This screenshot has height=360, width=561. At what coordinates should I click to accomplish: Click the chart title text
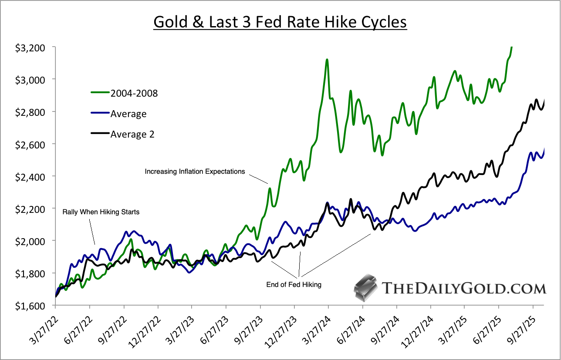(280, 22)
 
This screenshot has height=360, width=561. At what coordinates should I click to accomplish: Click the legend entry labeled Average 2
(132, 135)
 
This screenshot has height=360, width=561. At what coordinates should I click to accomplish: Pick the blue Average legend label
(128, 114)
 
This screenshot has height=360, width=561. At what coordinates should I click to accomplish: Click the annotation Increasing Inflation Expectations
(195, 172)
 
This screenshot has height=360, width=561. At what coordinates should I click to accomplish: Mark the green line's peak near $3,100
(327, 60)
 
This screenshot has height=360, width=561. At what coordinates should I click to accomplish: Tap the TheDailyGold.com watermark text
(463, 288)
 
